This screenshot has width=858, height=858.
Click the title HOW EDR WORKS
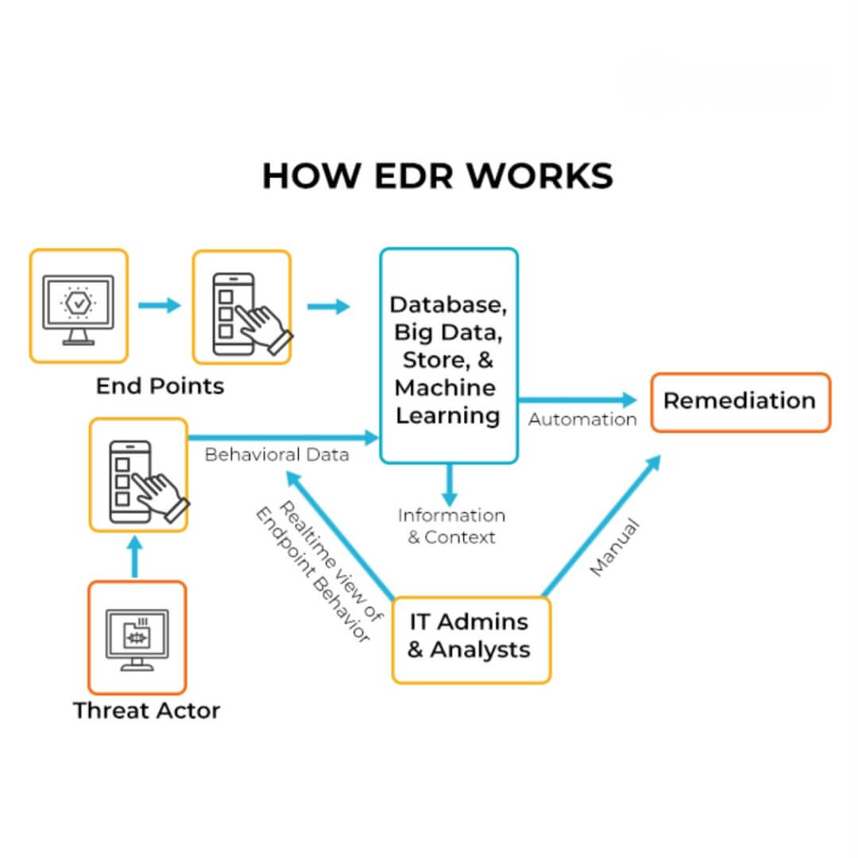(x=437, y=176)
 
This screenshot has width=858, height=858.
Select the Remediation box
(x=740, y=401)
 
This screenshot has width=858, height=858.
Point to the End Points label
(x=160, y=386)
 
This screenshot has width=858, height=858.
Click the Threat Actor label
(x=146, y=710)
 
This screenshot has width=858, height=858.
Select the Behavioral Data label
(x=276, y=455)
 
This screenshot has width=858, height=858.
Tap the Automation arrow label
(x=582, y=419)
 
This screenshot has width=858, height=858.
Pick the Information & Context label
(x=451, y=526)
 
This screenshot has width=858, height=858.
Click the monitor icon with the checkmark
(x=78, y=307)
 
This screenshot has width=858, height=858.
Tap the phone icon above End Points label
(x=242, y=307)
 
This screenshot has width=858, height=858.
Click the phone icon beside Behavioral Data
(x=139, y=474)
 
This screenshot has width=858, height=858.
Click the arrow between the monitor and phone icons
(x=159, y=305)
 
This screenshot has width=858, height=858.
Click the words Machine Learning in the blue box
(x=448, y=402)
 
